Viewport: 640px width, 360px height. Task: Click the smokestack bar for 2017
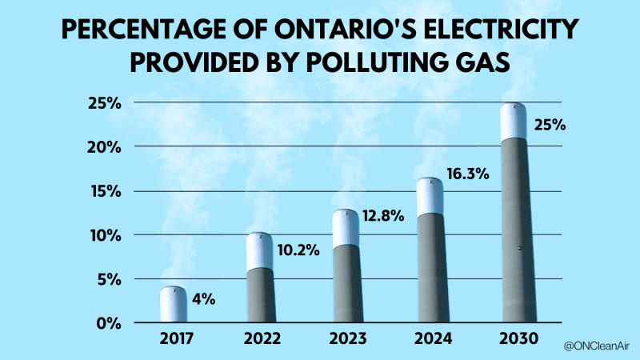tap(173, 306)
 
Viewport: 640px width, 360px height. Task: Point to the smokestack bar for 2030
tap(514, 216)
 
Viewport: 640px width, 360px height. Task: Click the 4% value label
tap(203, 300)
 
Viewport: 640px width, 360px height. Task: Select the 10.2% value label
tap(299, 250)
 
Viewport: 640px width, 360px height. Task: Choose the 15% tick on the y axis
tap(105, 191)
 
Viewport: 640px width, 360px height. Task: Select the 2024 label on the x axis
tap(430, 338)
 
